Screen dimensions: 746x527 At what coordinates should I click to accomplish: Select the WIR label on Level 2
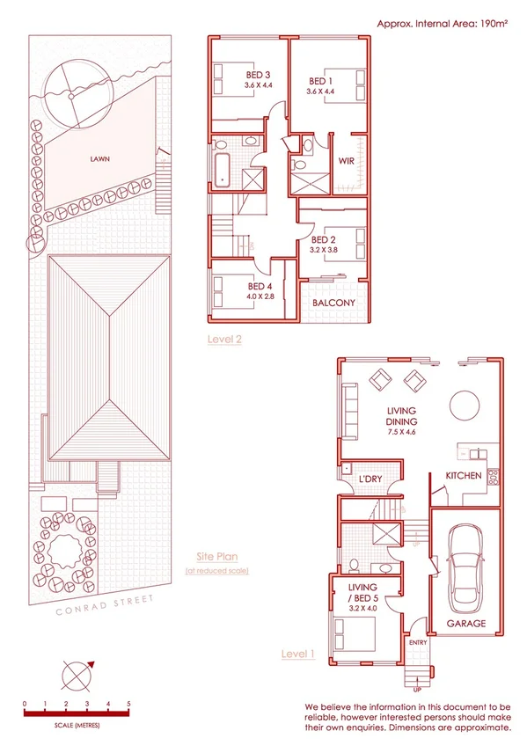(347, 161)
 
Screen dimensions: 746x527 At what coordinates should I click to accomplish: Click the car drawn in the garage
(464, 563)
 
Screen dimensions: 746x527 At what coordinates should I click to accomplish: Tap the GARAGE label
(465, 623)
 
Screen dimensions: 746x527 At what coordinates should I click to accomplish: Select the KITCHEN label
(463, 476)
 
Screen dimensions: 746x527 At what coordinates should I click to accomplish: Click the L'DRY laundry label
(370, 479)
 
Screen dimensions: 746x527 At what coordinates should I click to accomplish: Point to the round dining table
(465, 407)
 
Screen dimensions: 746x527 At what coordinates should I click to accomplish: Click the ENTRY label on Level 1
(418, 643)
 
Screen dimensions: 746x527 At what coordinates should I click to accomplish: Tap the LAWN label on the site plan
(99, 160)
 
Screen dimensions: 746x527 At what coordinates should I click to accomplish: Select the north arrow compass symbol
(76, 676)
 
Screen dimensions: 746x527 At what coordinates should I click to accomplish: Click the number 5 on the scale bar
(128, 705)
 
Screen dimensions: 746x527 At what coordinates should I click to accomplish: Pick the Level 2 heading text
(224, 339)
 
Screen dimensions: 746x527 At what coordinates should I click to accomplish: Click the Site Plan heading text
(216, 557)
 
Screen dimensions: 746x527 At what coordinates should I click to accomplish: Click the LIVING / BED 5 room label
(362, 593)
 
